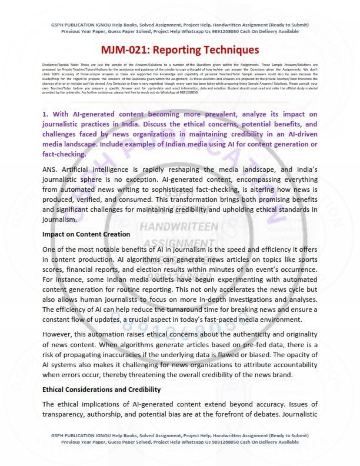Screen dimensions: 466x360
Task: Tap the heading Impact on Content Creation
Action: tap(86, 234)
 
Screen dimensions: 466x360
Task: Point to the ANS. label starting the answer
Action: tap(51, 169)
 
